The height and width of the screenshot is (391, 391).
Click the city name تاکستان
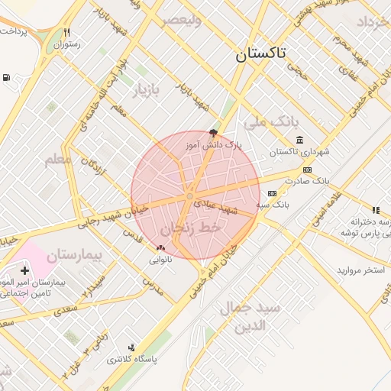pyautogui.click(x=261, y=53)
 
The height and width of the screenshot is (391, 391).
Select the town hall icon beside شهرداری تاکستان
pyautogui.click(x=299, y=140)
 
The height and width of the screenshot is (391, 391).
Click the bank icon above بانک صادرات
pyautogui.click(x=307, y=170)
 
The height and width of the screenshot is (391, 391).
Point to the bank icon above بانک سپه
pyautogui.click(x=271, y=194)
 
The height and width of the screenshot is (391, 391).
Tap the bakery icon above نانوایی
pyautogui.click(x=160, y=247)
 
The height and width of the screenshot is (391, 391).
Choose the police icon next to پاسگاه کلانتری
pyautogui.click(x=131, y=347)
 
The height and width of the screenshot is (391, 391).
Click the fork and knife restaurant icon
pyautogui.click(x=67, y=33)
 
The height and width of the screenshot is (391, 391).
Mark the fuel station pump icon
pyautogui.click(x=7, y=77)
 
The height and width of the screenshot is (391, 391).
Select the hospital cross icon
pyautogui.click(x=25, y=270)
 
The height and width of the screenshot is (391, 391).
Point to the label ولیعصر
pyautogui.click(x=180, y=21)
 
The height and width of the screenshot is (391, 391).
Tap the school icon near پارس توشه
pyautogui.click(x=375, y=209)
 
